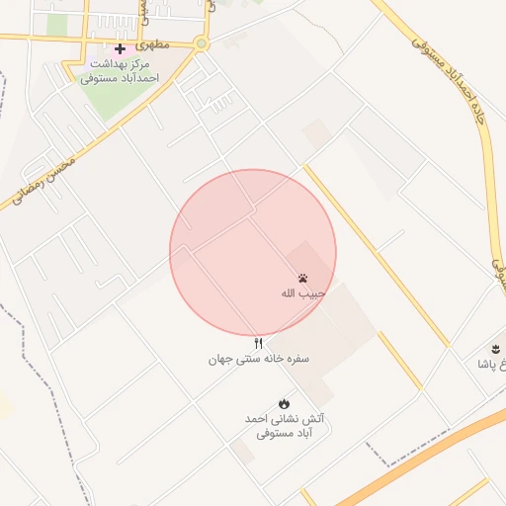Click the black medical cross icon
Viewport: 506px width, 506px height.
pyautogui.click(x=120, y=48)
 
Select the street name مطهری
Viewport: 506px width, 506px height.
pyautogui.click(x=155, y=44)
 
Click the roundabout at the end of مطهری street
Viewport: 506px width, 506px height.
pyautogui.click(x=202, y=43)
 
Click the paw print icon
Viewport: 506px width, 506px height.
pyautogui.click(x=300, y=278)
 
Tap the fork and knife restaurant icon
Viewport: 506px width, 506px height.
pyautogui.click(x=259, y=343)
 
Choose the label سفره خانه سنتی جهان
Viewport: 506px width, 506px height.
pyautogui.click(x=259, y=359)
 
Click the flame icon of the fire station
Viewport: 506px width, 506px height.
pyautogui.click(x=285, y=403)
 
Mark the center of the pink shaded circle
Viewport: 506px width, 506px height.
pyautogui.click(x=253, y=252)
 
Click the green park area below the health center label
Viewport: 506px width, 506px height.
pyautogui.click(x=120, y=100)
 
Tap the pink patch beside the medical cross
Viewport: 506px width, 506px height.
pyautogui.click(x=106, y=48)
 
